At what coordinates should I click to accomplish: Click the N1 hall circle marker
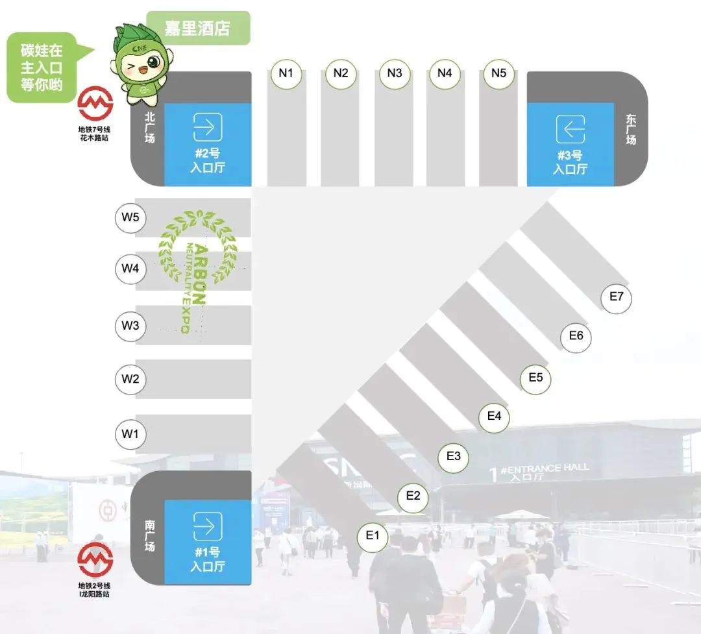click(x=286, y=73)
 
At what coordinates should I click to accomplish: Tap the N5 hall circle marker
click(x=498, y=73)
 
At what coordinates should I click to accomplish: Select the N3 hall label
click(x=395, y=73)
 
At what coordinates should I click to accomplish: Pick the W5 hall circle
click(x=130, y=217)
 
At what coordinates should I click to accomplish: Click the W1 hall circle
click(x=130, y=433)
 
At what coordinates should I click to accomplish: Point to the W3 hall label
click(x=130, y=326)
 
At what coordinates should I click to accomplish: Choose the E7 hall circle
click(x=616, y=298)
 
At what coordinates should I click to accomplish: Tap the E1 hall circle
click(x=373, y=536)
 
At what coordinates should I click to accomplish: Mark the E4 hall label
click(x=495, y=416)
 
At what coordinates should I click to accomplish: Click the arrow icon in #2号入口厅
click(x=208, y=128)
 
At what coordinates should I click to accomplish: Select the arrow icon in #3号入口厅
click(x=571, y=129)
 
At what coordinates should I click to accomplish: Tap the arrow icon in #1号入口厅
click(x=208, y=526)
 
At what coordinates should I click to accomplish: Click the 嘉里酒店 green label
click(x=198, y=29)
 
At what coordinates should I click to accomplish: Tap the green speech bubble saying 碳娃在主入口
click(x=42, y=67)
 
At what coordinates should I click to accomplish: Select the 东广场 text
click(x=631, y=130)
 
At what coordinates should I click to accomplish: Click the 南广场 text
click(x=150, y=534)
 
